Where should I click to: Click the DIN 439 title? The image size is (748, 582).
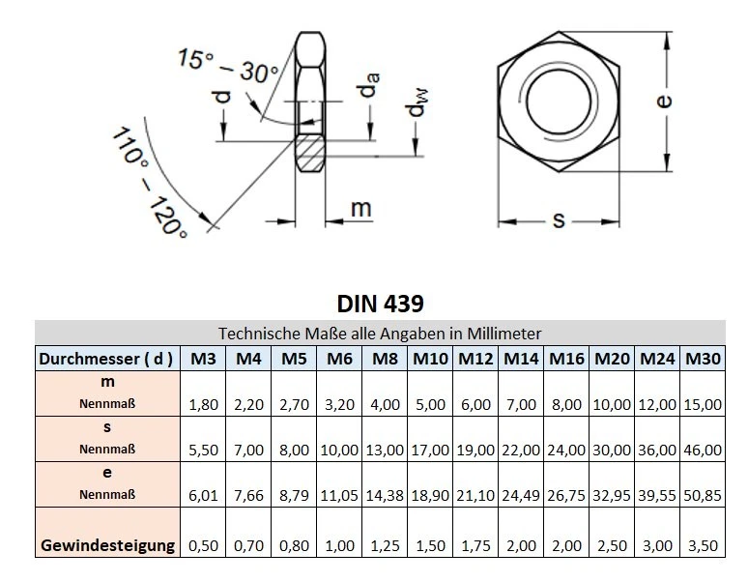click(x=380, y=303)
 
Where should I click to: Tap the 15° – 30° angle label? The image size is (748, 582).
click(x=227, y=65)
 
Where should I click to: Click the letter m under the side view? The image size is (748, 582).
click(x=360, y=208)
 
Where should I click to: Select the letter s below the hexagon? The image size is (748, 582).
click(x=558, y=220)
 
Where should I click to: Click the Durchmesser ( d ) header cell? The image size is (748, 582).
click(x=107, y=359)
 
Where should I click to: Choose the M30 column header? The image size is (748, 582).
click(x=703, y=359)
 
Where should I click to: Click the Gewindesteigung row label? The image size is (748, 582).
click(x=107, y=545)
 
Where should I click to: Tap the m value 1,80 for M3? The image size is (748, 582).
click(x=202, y=404)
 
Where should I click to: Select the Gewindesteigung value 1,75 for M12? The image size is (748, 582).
click(x=475, y=545)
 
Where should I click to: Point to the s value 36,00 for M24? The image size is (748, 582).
click(x=657, y=450)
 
